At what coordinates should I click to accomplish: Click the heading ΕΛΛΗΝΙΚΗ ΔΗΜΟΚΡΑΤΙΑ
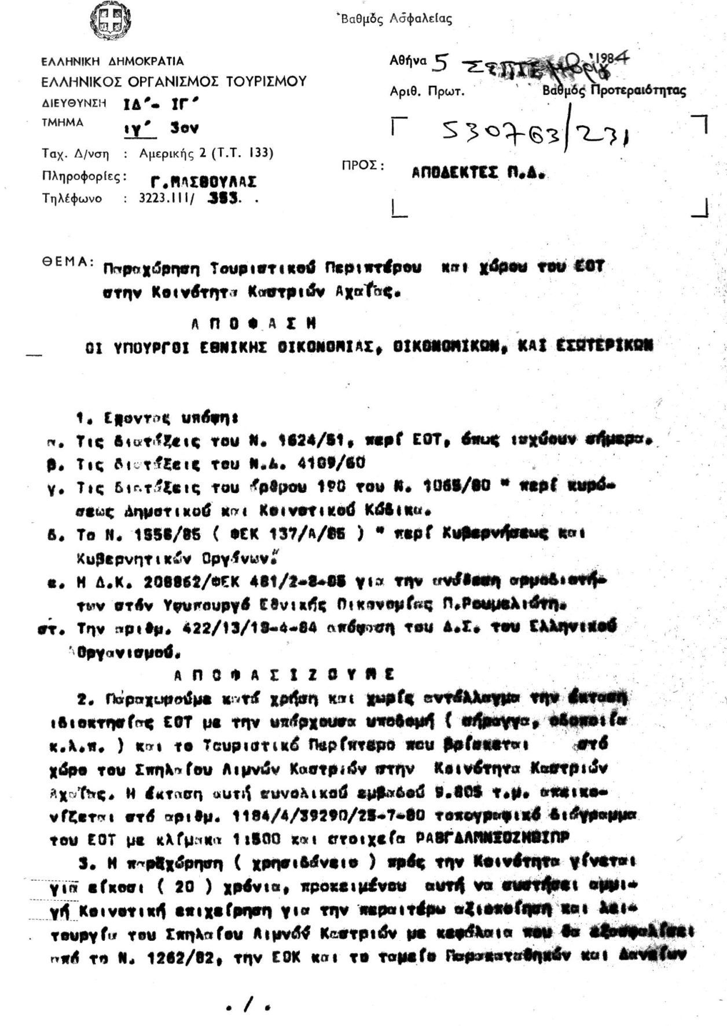(x=112, y=61)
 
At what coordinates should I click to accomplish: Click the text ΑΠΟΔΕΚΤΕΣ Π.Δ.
(x=479, y=173)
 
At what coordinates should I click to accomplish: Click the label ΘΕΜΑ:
(x=67, y=261)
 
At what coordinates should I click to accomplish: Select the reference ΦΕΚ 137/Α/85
(x=300, y=535)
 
